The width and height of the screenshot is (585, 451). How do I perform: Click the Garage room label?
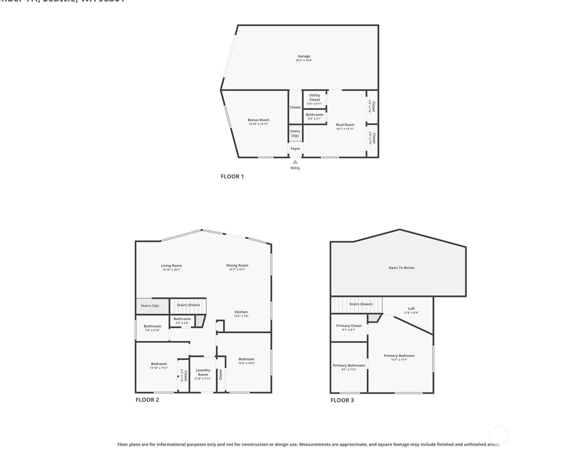[304, 56]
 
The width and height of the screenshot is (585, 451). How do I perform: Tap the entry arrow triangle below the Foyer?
[295, 162]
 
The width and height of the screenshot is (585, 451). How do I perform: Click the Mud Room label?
[345, 125]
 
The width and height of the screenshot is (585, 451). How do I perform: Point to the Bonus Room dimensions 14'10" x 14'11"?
[258, 124]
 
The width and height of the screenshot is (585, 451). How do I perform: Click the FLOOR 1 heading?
[232, 176]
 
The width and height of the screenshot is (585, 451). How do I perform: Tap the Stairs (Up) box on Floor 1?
[295, 133]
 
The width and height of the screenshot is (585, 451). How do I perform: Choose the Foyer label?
[295, 148]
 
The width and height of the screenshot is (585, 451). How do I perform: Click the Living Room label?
[171, 266]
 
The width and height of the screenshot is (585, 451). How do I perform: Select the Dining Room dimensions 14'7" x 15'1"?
[237, 269]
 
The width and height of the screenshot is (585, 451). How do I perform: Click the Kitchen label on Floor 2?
[241, 312]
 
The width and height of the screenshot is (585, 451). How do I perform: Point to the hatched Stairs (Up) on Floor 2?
[150, 306]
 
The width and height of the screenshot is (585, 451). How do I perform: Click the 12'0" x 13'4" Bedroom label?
[246, 359]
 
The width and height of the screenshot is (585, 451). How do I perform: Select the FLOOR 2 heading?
[147, 399]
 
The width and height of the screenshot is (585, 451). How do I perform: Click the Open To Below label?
[401, 267]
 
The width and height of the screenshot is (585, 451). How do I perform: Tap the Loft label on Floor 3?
[411, 308]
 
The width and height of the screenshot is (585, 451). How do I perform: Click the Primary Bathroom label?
[349, 365]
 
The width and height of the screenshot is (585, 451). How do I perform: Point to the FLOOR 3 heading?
[342, 400]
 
